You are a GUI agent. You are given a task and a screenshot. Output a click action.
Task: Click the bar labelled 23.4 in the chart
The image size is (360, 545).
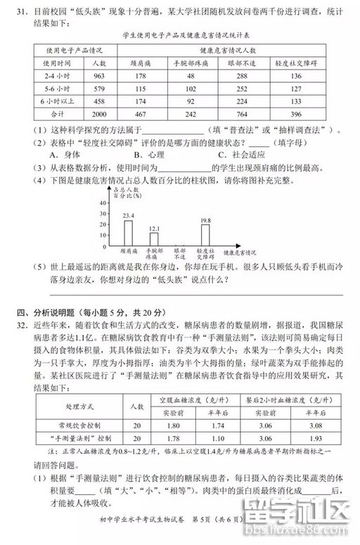pyautogui.click(x=128, y=231)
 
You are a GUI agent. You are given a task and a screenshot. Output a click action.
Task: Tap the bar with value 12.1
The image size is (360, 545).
pyautogui.click(x=155, y=238)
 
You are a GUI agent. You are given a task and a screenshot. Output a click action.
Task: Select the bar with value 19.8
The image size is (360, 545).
pyautogui.click(x=205, y=233)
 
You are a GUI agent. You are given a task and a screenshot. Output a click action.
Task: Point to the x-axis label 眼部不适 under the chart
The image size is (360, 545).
pyautogui.click(x=180, y=253)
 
